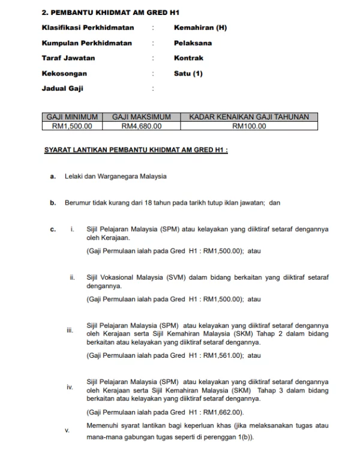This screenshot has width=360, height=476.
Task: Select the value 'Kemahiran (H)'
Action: click(200, 28)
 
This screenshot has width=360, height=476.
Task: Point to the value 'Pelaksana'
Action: click(193, 43)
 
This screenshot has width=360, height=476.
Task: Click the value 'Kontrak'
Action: click(188, 58)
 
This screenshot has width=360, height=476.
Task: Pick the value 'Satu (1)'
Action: click(188, 73)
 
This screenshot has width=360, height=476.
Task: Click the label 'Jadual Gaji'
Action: click(62, 88)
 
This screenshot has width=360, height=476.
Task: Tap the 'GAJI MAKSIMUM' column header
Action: click(142, 117)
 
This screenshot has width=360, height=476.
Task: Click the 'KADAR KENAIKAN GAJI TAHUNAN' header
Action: click(249, 117)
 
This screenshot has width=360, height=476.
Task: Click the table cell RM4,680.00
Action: click(142, 126)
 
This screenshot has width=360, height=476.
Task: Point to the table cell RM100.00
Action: click(249, 126)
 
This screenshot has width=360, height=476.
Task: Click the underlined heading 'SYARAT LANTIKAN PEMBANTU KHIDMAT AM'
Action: click(136, 149)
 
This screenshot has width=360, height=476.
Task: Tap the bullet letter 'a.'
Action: click(53, 176)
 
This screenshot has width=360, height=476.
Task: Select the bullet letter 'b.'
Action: click(53, 203)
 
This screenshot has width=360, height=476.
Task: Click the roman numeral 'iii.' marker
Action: click(70, 331)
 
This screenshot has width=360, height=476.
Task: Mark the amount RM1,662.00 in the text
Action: click(223, 412)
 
